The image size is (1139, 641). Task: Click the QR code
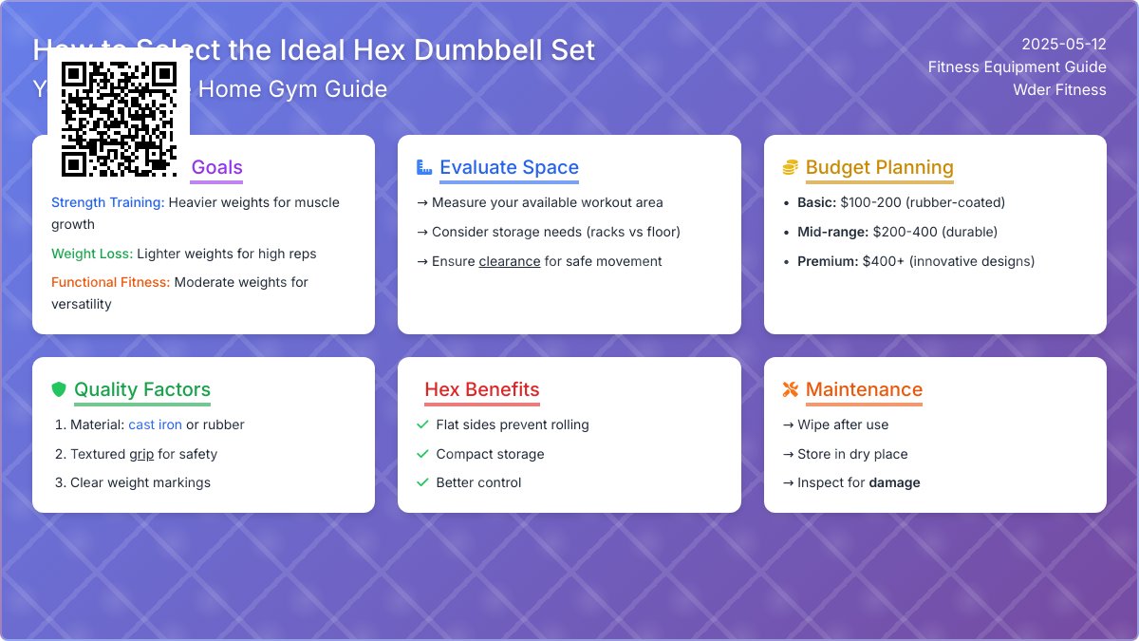pyautogui.click(x=119, y=119)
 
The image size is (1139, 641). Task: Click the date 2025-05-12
pyautogui.click(x=1064, y=44)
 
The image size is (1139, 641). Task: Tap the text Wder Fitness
pyautogui.click(x=1059, y=89)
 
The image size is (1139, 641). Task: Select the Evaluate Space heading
pyautogui.click(x=509, y=168)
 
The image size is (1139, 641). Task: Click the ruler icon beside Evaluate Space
pyautogui.click(x=424, y=168)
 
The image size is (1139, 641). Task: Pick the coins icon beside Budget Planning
pyautogui.click(x=791, y=168)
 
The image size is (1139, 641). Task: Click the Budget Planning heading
pyautogui.click(x=879, y=168)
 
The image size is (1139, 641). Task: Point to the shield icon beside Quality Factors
pyautogui.click(x=59, y=389)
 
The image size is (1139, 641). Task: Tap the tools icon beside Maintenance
pyautogui.click(x=791, y=389)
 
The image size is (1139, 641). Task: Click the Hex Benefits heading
pyautogui.click(x=481, y=389)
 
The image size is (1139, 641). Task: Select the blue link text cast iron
pyautogui.click(x=155, y=424)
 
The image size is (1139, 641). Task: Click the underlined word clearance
pyautogui.click(x=510, y=261)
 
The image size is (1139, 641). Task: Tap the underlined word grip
pyautogui.click(x=141, y=454)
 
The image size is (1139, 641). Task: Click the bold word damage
pyautogui.click(x=894, y=482)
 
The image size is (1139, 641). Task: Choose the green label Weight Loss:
pyautogui.click(x=92, y=254)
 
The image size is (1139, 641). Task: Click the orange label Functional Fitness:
pyautogui.click(x=110, y=282)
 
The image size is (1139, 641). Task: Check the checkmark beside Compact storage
pyautogui.click(x=423, y=454)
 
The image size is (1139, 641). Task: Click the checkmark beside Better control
pyautogui.click(x=423, y=482)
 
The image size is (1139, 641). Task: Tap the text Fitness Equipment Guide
pyautogui.click(x=1017, y=66)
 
